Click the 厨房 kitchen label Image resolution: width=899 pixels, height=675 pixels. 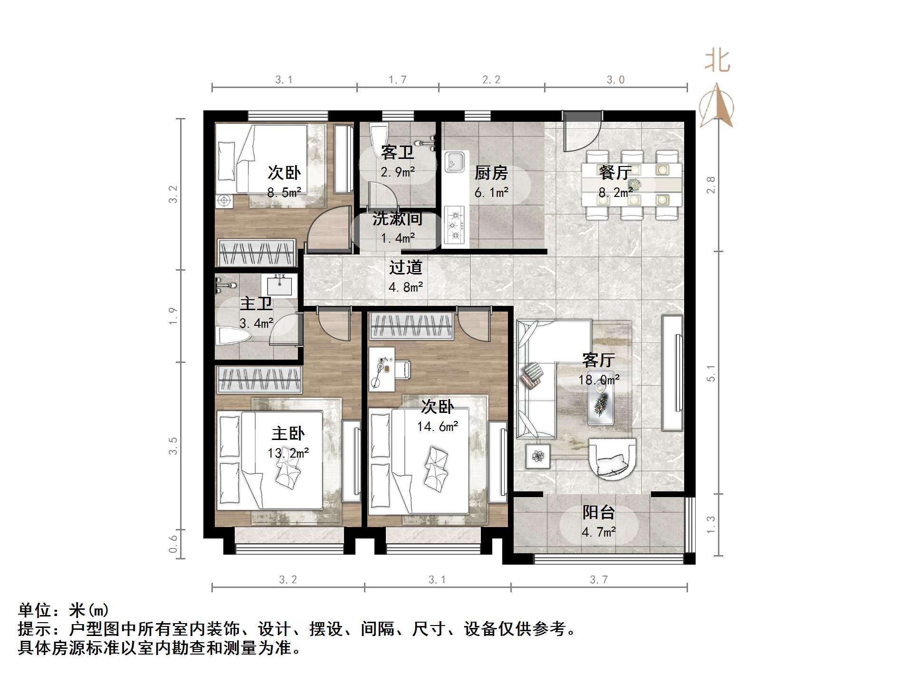(x=491, y=173)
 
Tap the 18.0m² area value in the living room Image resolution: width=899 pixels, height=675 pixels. (x=599, y=380)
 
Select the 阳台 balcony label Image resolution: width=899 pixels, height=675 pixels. (x=599, y=512)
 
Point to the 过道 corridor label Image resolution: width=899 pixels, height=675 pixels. (x=406, y=267)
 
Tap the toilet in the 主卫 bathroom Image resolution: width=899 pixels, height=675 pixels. (x=233, y=336)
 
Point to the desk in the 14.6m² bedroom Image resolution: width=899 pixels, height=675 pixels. (x=382, y=369)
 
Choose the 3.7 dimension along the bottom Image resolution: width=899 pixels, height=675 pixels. (x=599, y=579)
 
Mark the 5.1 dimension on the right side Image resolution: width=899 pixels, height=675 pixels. (x=711, y=373)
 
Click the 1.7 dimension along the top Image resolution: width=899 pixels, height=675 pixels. (x=398, y=79)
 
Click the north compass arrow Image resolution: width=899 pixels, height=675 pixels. (x=717, y=106)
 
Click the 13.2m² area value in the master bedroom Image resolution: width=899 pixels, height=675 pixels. (x=288, y=453)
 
